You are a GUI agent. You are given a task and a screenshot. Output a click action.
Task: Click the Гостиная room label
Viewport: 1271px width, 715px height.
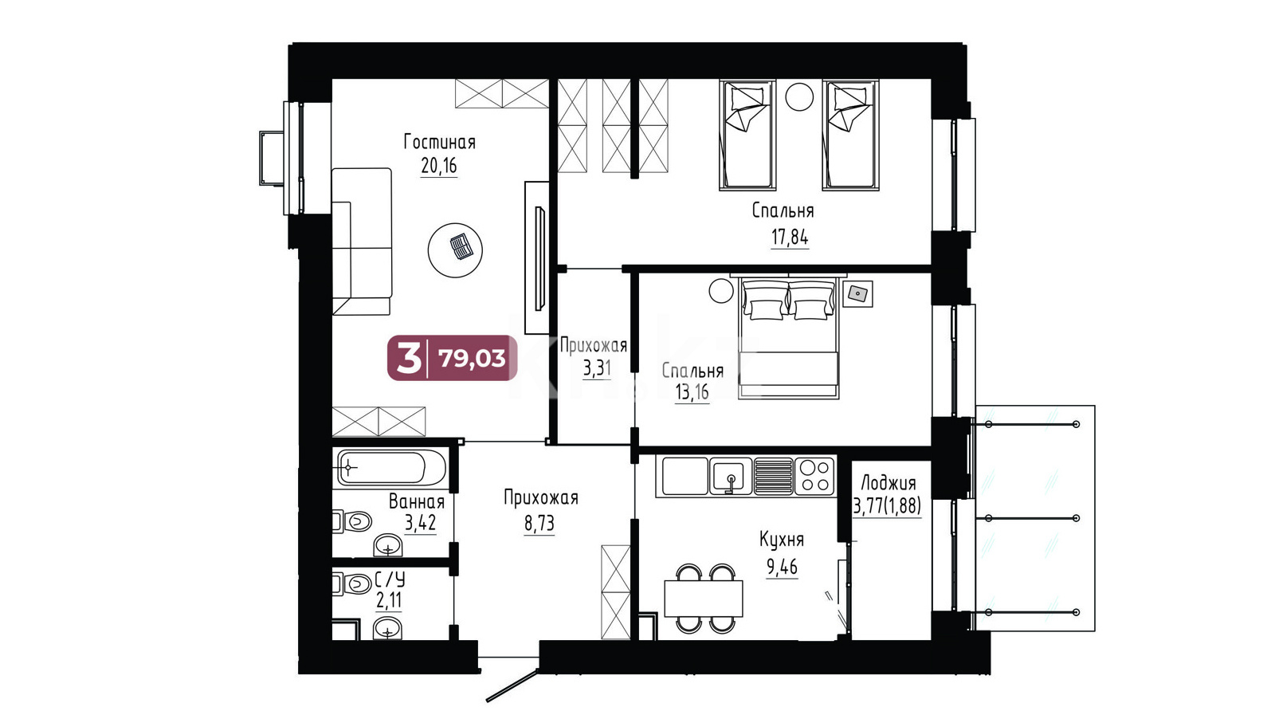tap(439, 142)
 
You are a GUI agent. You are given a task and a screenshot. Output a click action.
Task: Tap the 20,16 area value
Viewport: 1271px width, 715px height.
tap(438, 167)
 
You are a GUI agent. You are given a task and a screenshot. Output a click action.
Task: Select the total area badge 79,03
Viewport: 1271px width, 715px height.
tap(453, 358)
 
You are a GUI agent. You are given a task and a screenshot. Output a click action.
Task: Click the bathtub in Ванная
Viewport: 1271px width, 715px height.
tap(391, 468)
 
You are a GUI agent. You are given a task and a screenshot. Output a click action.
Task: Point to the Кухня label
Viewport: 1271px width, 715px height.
tap(781, 540)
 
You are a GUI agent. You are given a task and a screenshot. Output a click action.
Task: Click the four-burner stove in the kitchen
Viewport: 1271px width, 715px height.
tap(815, 476)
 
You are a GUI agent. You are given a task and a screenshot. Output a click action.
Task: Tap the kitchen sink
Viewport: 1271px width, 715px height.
tap(732, 476)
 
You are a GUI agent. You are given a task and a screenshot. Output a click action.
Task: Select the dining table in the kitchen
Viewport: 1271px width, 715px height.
tap(704, 598)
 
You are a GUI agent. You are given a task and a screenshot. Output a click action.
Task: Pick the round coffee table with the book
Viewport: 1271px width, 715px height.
tap(455, 250)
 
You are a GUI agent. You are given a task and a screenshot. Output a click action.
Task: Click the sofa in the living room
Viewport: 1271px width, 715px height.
tap(362, 242)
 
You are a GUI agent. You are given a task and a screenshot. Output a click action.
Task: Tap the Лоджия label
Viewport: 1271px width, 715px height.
tap(888, 484)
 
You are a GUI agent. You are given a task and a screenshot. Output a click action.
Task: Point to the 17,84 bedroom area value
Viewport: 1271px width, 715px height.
tap(789, 237)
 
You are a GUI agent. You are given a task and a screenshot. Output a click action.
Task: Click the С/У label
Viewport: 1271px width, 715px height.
tap(390, 579)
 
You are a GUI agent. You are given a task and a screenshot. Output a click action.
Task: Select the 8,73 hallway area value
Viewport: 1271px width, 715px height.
tap(539, 523)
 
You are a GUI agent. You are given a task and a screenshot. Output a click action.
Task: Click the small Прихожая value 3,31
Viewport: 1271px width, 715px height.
tap(597, 369)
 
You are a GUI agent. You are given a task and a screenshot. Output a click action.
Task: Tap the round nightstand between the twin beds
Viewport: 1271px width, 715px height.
tap(799, 96)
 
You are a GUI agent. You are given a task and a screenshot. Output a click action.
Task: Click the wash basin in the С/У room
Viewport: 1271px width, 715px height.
tap(387, 630)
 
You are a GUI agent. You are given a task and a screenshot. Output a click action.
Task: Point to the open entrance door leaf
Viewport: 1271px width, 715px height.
tap(512, 686)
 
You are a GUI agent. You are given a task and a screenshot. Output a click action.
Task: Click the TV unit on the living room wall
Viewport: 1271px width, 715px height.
tap(537, 257)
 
